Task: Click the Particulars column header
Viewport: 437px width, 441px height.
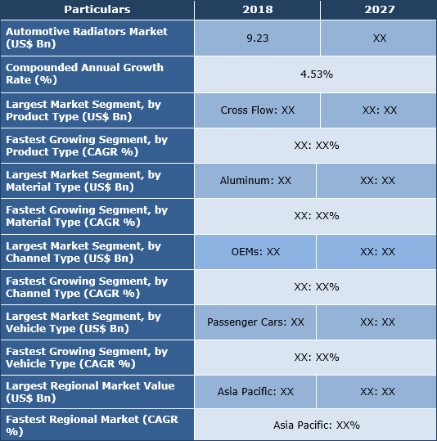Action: click(x=97, y=10)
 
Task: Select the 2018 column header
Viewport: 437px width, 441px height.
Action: click(x=257, y=10)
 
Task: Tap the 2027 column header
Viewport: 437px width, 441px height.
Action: click(x=377, y=10)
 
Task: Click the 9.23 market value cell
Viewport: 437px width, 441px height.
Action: click(x=257, y=38)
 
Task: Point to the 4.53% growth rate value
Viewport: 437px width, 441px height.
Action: click(x=316, y=74)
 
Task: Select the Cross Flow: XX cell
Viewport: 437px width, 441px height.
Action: click(x=257, y=110)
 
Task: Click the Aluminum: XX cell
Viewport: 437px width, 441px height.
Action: click(x=255, y=180)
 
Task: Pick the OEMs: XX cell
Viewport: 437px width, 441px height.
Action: click(x=255, y=251)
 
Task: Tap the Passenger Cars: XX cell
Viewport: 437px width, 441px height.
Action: click(x=255, y=322)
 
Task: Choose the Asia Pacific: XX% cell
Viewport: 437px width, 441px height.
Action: click(x=316, y=425)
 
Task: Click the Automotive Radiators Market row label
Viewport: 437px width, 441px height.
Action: click(x=86, y=38)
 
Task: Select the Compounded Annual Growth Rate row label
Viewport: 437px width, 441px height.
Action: click(x=84, y=74)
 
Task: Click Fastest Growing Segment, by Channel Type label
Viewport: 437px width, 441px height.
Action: click(x=87, y=286)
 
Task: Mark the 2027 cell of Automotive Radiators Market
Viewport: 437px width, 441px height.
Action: click(x=378, y=38)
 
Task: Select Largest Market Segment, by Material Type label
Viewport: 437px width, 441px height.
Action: click(x=83, y=180)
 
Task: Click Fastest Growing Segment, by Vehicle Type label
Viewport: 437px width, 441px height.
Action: click(x=87, y=358)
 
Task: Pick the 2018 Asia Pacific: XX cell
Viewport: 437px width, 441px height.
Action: click(x=255, y=391)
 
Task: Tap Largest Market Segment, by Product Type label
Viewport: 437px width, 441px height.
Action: click(x=83, y=110)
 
